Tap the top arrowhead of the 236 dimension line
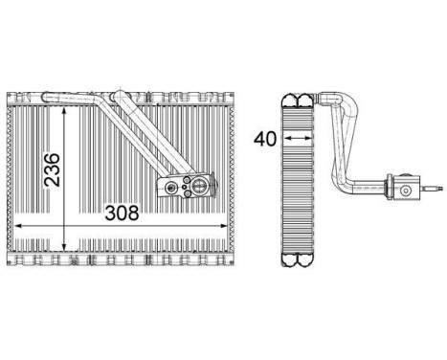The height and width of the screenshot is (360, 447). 64,107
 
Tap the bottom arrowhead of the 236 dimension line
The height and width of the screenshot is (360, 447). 64,248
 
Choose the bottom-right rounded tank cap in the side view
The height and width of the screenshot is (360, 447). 306,256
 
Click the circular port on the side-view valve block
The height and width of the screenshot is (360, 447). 406,191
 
